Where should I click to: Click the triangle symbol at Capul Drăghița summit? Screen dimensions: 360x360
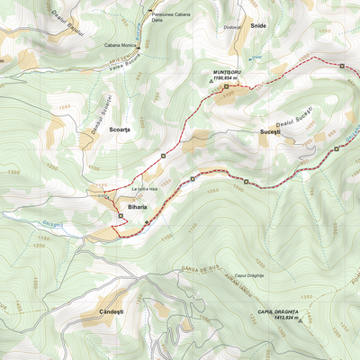click(x=306, y=317)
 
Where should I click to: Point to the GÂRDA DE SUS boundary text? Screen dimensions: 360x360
click(x=200, y=269)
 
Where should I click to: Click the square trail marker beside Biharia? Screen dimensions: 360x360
click(x=121, y=216)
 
